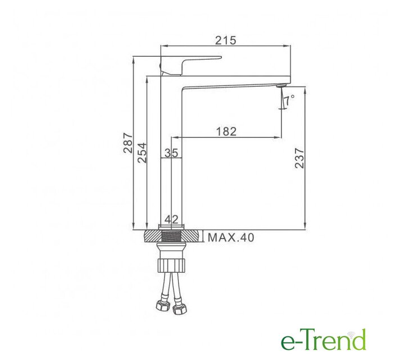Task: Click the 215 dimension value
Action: [x=226, y=40]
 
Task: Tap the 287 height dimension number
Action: [x=128, y=143]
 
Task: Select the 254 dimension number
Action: [x=142, y=153]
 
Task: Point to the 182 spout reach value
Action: [x=226, y=131]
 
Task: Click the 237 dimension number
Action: [x=299, y=158]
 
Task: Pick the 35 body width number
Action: [x=171, y=153]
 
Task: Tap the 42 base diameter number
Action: [x=171, y=219]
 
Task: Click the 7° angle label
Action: [x=289, y=100]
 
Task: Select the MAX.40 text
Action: [x=231, y=237]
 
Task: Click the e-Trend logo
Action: [x=324, y=340]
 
